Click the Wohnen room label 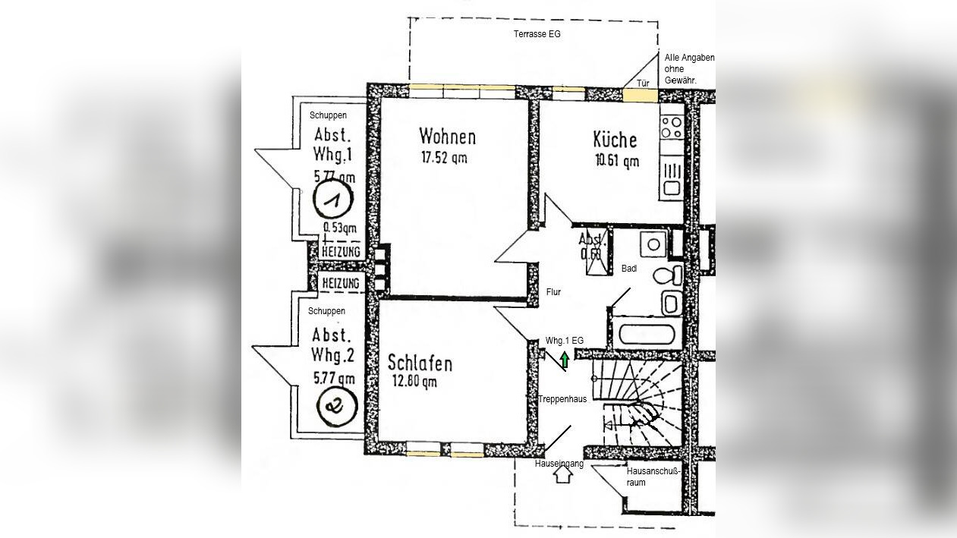[447, 137]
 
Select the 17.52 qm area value [444, 158]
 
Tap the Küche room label [615, 140]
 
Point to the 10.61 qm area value [616, 160]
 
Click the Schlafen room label [420, 363]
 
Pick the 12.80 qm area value [414, 382]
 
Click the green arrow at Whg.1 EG [564, 359]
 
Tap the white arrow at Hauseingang [562, 475]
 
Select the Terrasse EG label [537, 34]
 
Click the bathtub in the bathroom [647, 335]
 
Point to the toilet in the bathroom [671, 275]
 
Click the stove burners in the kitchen [671, 127]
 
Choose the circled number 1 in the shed [333, 201]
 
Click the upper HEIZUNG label [340, 252]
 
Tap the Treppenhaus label [562, 399]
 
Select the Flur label [553, 292]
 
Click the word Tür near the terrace [643, 83]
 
